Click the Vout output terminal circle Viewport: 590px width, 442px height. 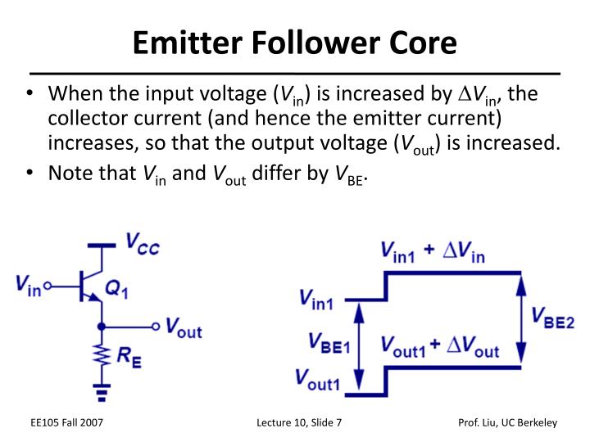point(157,327)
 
